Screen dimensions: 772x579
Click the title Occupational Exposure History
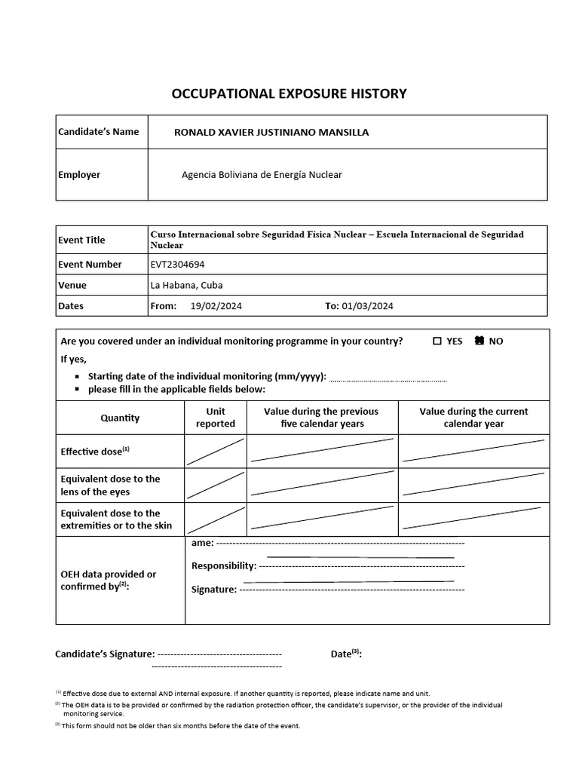pos(289,93)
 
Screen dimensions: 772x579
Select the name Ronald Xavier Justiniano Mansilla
pos(271,132)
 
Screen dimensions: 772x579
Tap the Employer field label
pos(79,174)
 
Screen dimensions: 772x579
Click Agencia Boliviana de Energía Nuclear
pos(262,174)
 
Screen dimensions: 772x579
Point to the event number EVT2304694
pos(177,265)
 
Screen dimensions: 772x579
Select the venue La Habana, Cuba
pos(186,285)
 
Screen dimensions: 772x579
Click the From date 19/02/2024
pos(216,306)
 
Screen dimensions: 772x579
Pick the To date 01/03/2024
pos(367,306)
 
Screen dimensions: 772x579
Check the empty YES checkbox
pos(437,341)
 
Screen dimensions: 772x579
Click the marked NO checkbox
pos(479,341)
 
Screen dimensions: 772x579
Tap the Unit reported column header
pos(216,418)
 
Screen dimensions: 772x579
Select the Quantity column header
pos(120,418)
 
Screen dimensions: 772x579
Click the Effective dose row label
pos(95,452)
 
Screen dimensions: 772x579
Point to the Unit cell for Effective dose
pos(216,452)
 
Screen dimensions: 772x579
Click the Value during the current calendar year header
pos(473,418)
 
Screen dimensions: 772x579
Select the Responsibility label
pos(224,565)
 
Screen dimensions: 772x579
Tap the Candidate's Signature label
pos(105,654)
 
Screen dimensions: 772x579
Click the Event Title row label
pos(81,240)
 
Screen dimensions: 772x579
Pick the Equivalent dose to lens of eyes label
pos(110,485)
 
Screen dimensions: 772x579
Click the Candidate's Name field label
pos(98,131)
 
